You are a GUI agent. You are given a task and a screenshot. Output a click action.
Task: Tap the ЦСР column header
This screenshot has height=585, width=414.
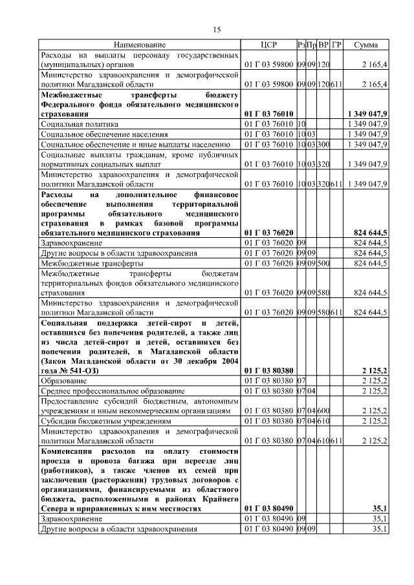point(268,45)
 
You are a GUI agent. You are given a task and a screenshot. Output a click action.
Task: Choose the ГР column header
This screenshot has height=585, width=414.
point(336,45)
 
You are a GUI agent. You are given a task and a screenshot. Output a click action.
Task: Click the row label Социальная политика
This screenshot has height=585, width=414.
point(80,123)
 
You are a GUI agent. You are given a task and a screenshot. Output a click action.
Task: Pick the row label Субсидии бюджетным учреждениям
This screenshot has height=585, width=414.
point(105,421)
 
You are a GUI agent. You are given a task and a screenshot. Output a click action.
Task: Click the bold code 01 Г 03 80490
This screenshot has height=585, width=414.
point(268,509)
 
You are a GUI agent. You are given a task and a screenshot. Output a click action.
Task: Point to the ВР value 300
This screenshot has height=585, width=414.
point(324,144)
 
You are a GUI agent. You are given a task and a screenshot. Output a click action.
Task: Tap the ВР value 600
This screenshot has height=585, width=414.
point(324,410)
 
